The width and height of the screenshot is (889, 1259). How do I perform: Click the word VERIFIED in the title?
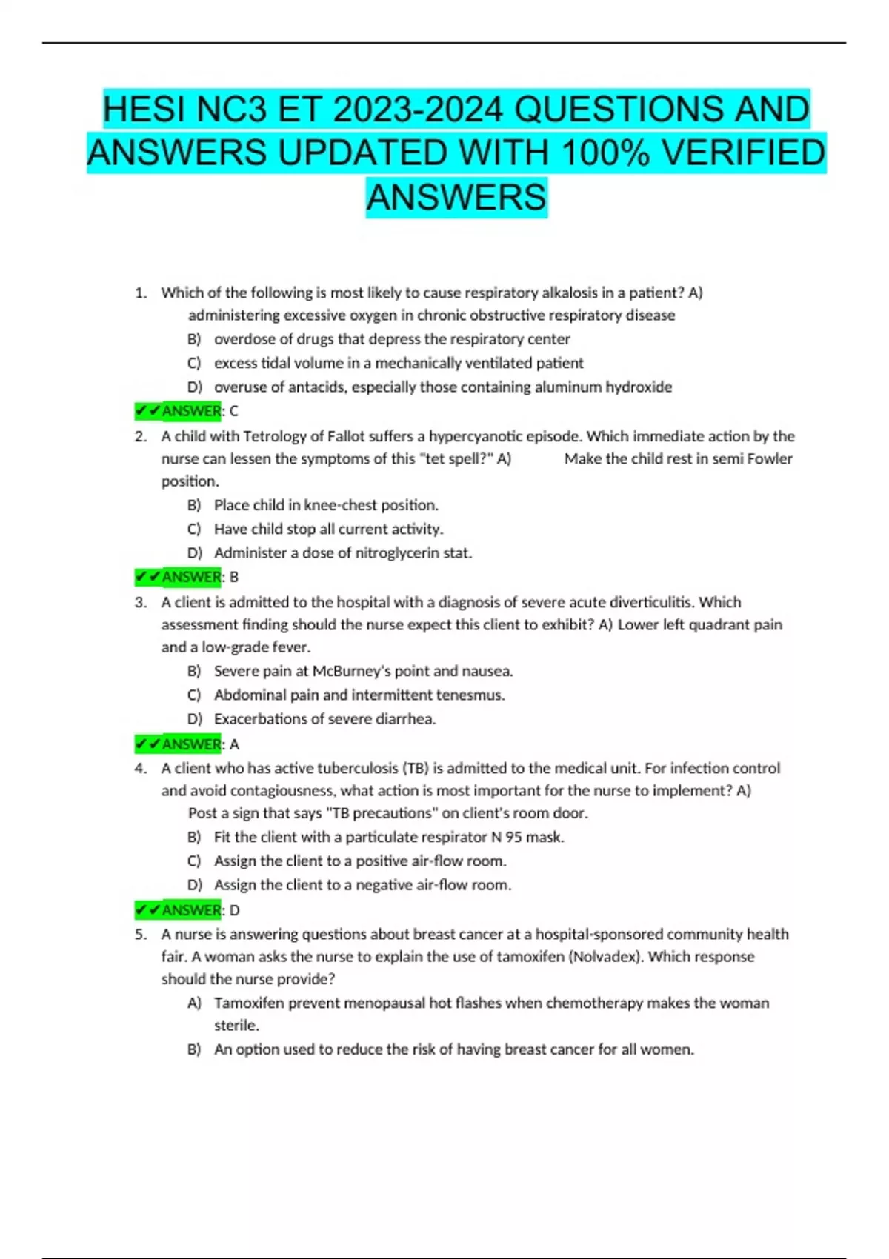[x=742, y=153]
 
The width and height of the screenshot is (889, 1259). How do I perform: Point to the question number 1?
[x=139, y=293]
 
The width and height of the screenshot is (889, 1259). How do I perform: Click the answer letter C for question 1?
[x=234, y=411]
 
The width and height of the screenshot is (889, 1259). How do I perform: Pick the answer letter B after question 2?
[x=234, y=577]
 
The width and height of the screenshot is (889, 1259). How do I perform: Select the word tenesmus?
[x=470, y=695]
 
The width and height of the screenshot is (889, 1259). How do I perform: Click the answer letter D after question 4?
[x=235, y=910]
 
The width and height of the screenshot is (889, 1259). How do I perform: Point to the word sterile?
[x=236, y=1025]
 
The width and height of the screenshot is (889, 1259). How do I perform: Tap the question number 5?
[x=139, y=934]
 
